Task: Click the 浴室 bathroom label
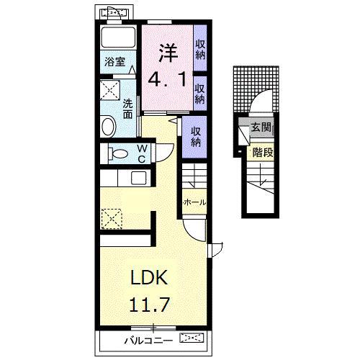pyautogui.click(x=114, y=62)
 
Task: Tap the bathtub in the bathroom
pyautogui.click(x=118, y=37)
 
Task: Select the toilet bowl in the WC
pyautogui.click(x=118, y=153)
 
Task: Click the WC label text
pyautogui.click(x=142, y=153)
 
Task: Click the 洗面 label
pyautogui.click(x=127, y=109)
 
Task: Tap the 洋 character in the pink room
pyautogui.click(x=167, y=53)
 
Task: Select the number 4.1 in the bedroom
pyautogui.click(x=167, y=79)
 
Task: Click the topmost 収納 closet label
pyautogui.click(x=200, y=50)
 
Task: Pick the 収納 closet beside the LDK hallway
pyautogui.click(x=196, y=137)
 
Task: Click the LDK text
pyautogui.click(x=148, y=277)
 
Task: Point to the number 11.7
pyautogui.click(x=150, y=304)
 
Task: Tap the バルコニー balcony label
pyautogui.click(x=148, y=341)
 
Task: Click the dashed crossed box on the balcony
pyautogui.click(x=192, y=338)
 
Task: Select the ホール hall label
pyautogui.click(x=194, y=202)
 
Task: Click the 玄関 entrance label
pyautogui.click(x=261, y=127)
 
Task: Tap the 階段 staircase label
pyautogui.click(x=263, y=152)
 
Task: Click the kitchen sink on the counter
pyautogui.click(x=139, y=178)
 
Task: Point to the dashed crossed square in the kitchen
pyautogui.click(x=112, y=218)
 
